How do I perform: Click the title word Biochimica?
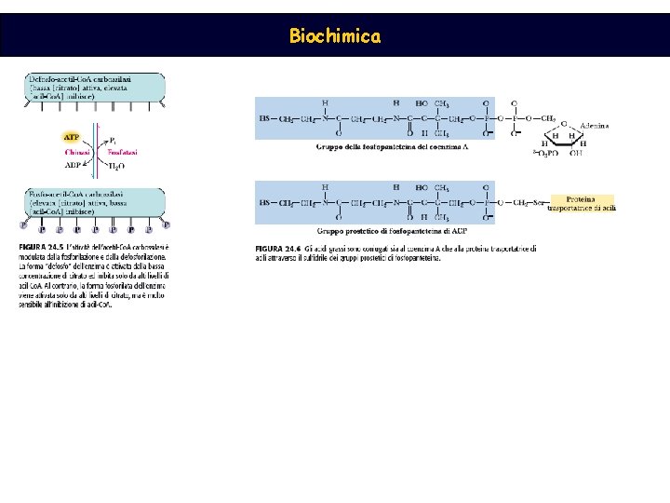(334, 36)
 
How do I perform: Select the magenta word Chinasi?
(77, 151)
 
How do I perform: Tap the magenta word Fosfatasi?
(122, 151)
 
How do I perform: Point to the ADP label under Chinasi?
(73, 164)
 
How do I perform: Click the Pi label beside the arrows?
(114, 137)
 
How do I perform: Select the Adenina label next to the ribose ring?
(595, 125)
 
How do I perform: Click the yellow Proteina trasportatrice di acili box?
(583, 203)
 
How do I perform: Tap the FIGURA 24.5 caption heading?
(40, 246)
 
